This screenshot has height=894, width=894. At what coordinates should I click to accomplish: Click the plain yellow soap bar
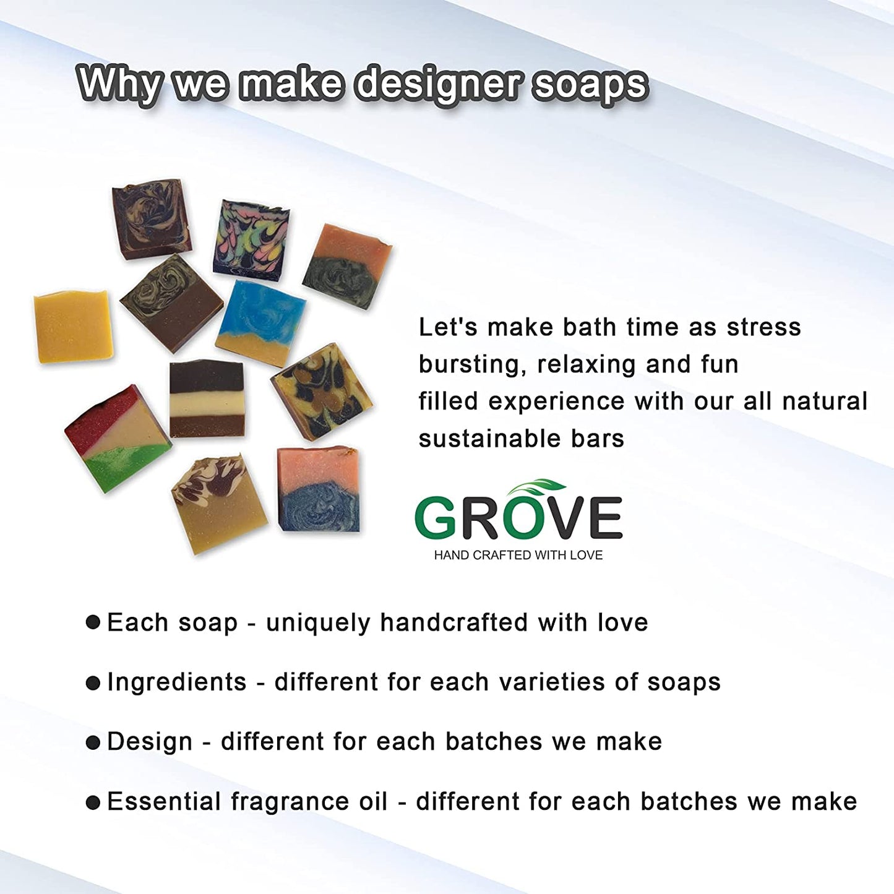pyautogui.click(x=73, y=327)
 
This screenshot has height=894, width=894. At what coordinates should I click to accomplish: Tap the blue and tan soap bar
pyautogui.click(x=260, y=324)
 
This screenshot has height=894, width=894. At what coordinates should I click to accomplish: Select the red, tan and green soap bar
pyautogui.click(x=118, y=438)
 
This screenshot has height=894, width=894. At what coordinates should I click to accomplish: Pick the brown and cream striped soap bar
pyautogui.click(x=207, y=398)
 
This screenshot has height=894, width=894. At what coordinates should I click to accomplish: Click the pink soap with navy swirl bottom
pyautogui.click(x=319, y=489)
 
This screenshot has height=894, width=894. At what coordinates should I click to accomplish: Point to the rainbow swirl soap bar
pyautogui.click(x=251, y=240)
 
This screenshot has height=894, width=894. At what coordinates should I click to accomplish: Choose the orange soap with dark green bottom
pyautogui.click(x=347, y=266)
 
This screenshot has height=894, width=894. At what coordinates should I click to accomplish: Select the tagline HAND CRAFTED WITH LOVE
pyautogui.click(x=518, y=556)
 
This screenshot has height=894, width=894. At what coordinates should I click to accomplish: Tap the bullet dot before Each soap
pyautogui.click(x=93, y=622)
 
